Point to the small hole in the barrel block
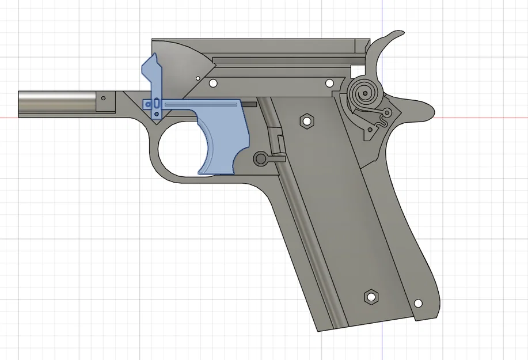pos(104,99)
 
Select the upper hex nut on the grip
pos(307,121)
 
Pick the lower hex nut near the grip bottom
pos(371,297)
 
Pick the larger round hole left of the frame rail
pos(213,84)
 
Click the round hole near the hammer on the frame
pos(331,84)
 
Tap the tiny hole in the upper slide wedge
pos(197,77)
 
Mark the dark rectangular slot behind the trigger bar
pos(249,104)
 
